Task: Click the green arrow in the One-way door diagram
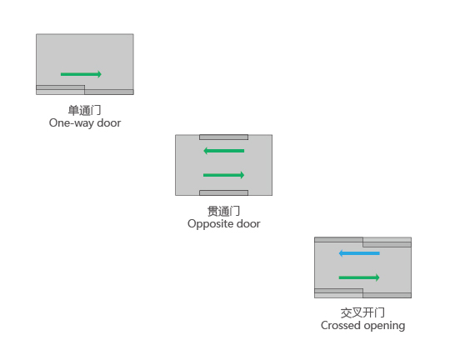point(81,74)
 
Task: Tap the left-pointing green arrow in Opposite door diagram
point(224,151)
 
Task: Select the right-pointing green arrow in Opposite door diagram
point(224,175)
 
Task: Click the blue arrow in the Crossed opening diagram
point(359,253)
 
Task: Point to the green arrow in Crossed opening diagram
point(359,277)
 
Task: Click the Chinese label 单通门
point(84,110)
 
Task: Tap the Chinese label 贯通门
point(224,212)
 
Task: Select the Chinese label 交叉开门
point(362,312)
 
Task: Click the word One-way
point(72,123)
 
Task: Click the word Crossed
point(341,325)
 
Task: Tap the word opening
point(384,326)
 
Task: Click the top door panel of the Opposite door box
point(224,137)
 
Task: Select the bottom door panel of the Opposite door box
point(224,192)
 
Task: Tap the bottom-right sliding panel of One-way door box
point(109,92)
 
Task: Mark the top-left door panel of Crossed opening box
point(338,240)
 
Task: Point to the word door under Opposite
point(248,223)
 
